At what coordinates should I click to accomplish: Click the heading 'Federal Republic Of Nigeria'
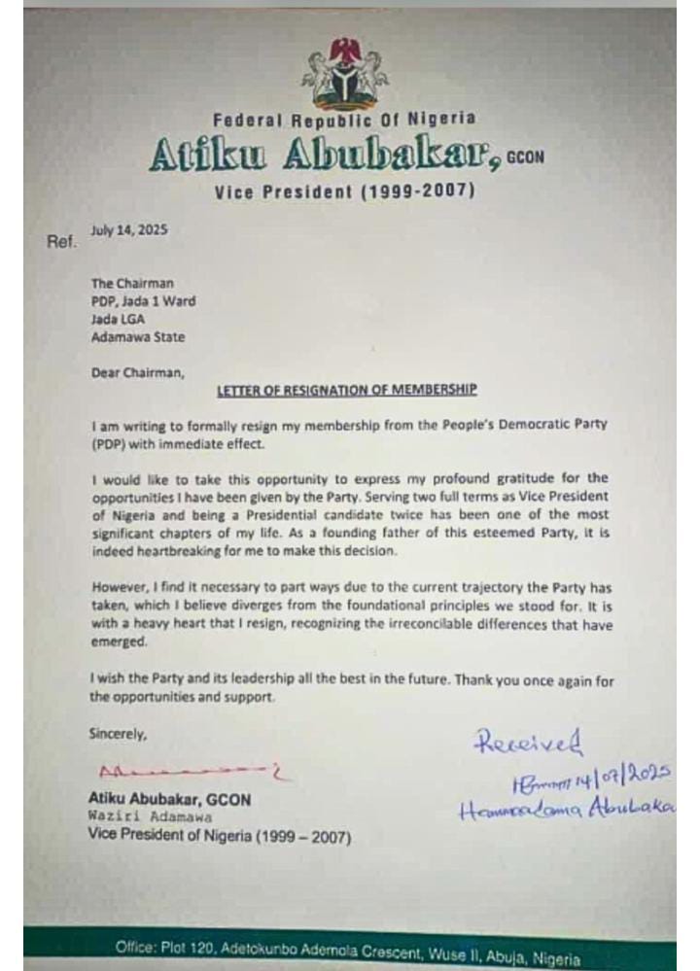click(345, 120)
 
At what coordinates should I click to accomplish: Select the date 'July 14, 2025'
click(130, 231)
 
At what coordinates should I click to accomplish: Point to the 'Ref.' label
click(60, 241)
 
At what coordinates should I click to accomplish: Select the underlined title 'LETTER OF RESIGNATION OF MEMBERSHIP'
click(345, 391)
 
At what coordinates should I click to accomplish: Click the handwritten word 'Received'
click(528, 743)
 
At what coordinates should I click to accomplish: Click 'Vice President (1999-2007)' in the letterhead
click(345, 191)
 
